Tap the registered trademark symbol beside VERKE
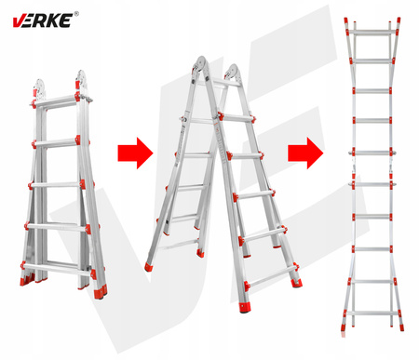coord(76,13)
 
